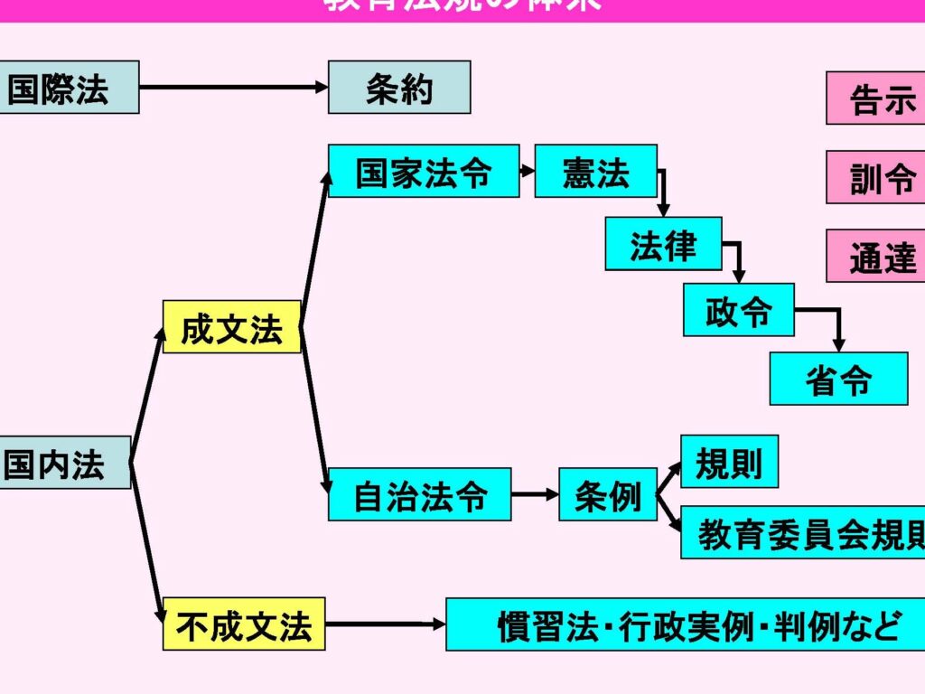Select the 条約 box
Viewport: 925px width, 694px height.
pos(399,87)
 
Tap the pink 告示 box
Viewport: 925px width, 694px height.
pos(875,98)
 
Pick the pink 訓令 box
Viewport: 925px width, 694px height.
pos(875,177)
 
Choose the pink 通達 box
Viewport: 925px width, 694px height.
pos(875,256)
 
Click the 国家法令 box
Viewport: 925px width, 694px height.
pos(423,171)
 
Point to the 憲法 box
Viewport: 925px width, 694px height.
pos(595,171)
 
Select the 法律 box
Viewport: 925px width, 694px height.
pos(663,244)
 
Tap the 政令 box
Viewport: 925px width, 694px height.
pos(738,310)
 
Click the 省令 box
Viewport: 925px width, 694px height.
pos(838,379)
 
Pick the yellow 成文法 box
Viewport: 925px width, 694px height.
pos(231,327)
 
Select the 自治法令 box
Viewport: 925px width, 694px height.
pos(419,494)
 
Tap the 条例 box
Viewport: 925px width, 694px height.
pos(607,494)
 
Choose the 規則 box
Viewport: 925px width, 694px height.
pos(729,462)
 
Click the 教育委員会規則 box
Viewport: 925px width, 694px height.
pos(803,532)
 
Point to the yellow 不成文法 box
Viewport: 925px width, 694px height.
pos(244,624)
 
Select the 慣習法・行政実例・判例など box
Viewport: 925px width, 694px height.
pos(687,624)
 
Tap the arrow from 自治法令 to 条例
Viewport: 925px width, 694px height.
pos(535,494)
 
